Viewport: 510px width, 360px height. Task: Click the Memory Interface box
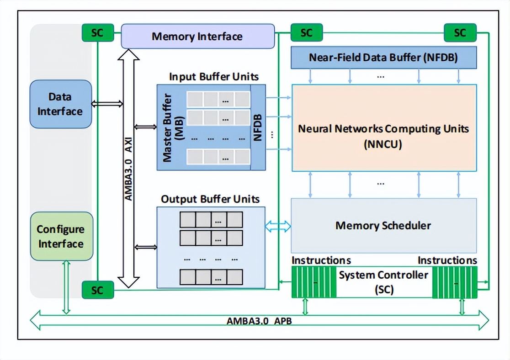tap(197, 37)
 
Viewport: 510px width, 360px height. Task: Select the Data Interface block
tap(60, 104)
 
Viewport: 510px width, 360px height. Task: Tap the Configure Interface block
tap(61, 236)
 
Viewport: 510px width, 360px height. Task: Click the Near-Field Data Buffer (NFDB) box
tap(383, 58)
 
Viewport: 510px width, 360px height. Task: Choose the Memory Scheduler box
tap(383, 225)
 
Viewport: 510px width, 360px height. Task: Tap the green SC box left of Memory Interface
tap(97, 33)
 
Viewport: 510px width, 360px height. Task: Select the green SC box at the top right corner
tap(460, 33)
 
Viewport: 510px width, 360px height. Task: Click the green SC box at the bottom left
tap(97, 290)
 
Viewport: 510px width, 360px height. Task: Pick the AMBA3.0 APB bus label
tap(259, 321)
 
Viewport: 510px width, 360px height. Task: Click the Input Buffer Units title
tap(214, 76)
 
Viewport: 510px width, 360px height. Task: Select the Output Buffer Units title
tap(210, 199)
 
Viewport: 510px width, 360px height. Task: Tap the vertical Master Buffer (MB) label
tap(172, 127)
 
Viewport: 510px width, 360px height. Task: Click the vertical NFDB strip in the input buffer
tap(258, 127)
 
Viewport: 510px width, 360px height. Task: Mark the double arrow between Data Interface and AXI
tap(107, 104)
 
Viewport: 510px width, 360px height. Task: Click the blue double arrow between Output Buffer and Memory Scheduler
tap(278, 225)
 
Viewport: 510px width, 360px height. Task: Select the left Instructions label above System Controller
tap(321, 260)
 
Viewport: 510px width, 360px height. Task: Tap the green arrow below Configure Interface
tap(66, 287)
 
